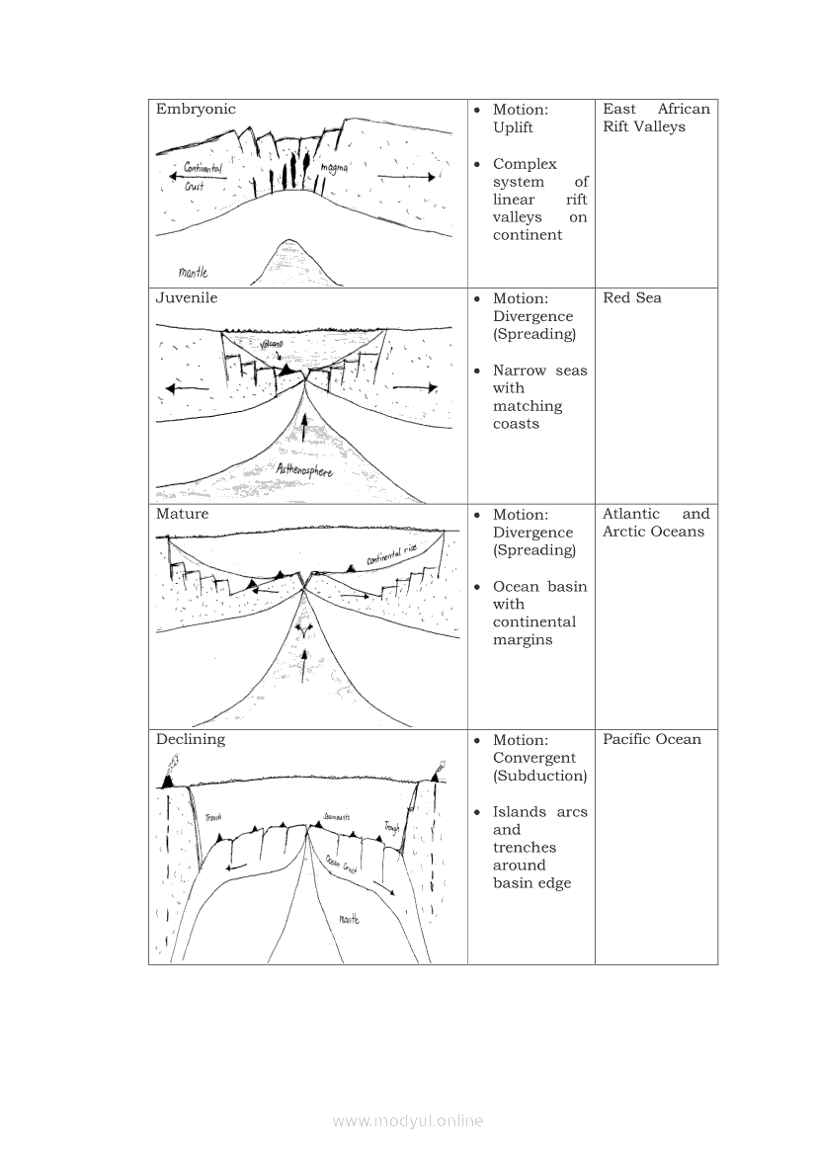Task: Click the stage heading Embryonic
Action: (196, 110)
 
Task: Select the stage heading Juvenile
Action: (187, 298)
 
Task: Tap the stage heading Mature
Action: (183, 514)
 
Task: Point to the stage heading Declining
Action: (191, 739)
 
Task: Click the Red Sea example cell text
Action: (632, 298)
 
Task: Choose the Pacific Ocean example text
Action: (652, 739)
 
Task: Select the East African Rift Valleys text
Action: (656, 118)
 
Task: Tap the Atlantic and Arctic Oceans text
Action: (656, 523)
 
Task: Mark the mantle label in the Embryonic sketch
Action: (194, 272)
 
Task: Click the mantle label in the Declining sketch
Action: (349, 919)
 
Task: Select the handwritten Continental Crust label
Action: (202, 176)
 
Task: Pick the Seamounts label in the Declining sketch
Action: (336, 817)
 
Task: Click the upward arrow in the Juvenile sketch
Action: (304, 425)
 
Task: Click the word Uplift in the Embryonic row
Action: (513, 127)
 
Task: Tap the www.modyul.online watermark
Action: (408, 1120)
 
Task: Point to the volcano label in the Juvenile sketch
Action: (271, 344)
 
